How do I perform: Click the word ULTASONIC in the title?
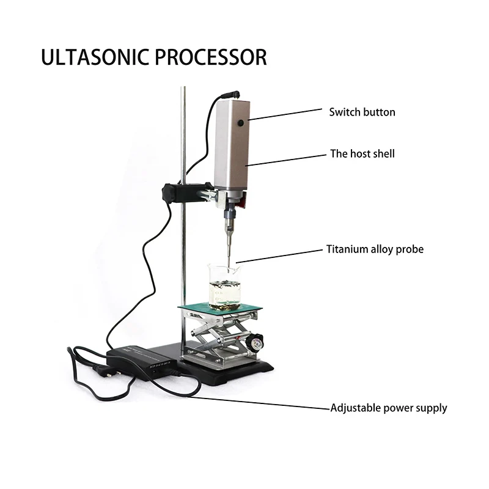[94, 57]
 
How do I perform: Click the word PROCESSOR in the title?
[210, 57]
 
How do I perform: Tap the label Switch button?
[362, 112]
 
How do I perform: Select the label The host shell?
[362, 153]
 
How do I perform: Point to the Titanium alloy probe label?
[375, 249]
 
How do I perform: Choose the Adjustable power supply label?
[389, 408]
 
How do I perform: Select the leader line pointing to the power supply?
[263, 403]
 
